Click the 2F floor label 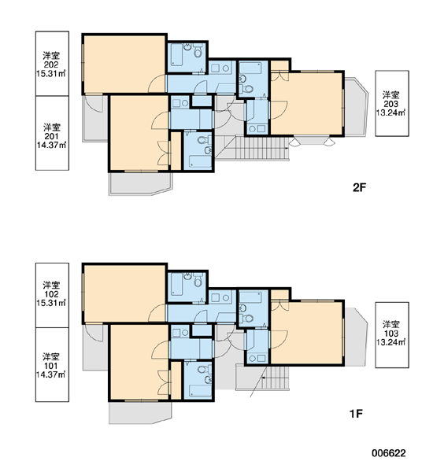click(359, 187)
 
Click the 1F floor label click(356, 414)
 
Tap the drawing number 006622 click(388, 453)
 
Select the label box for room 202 click(52, 64)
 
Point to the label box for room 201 click(52, 133)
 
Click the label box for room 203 click(392, 103)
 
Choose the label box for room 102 click(52, 295)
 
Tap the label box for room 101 click(52, 364)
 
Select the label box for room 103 click(392, 335)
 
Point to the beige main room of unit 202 click(124, 64)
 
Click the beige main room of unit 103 click(306, 332)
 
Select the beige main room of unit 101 click(139, 362)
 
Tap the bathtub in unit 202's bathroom click(176, 54)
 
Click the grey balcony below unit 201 click(140, 183)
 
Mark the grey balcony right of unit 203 click(356, 107)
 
